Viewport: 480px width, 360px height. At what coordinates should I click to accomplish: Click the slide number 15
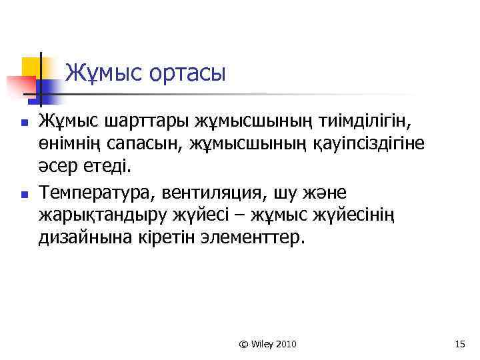point(459,344)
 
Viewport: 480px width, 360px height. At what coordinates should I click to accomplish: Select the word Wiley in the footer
point(263,344)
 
